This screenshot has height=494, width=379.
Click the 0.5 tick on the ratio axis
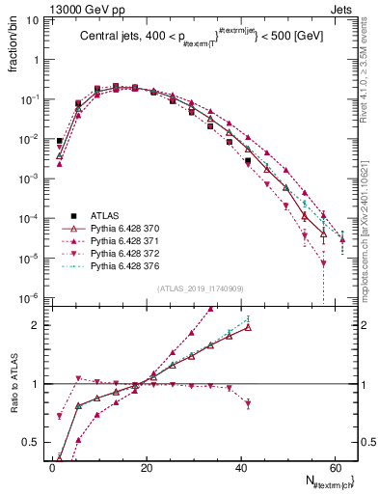[35, 443]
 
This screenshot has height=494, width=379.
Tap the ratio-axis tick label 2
[40, 325]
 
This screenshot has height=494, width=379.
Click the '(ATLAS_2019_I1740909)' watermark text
[199, 288]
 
